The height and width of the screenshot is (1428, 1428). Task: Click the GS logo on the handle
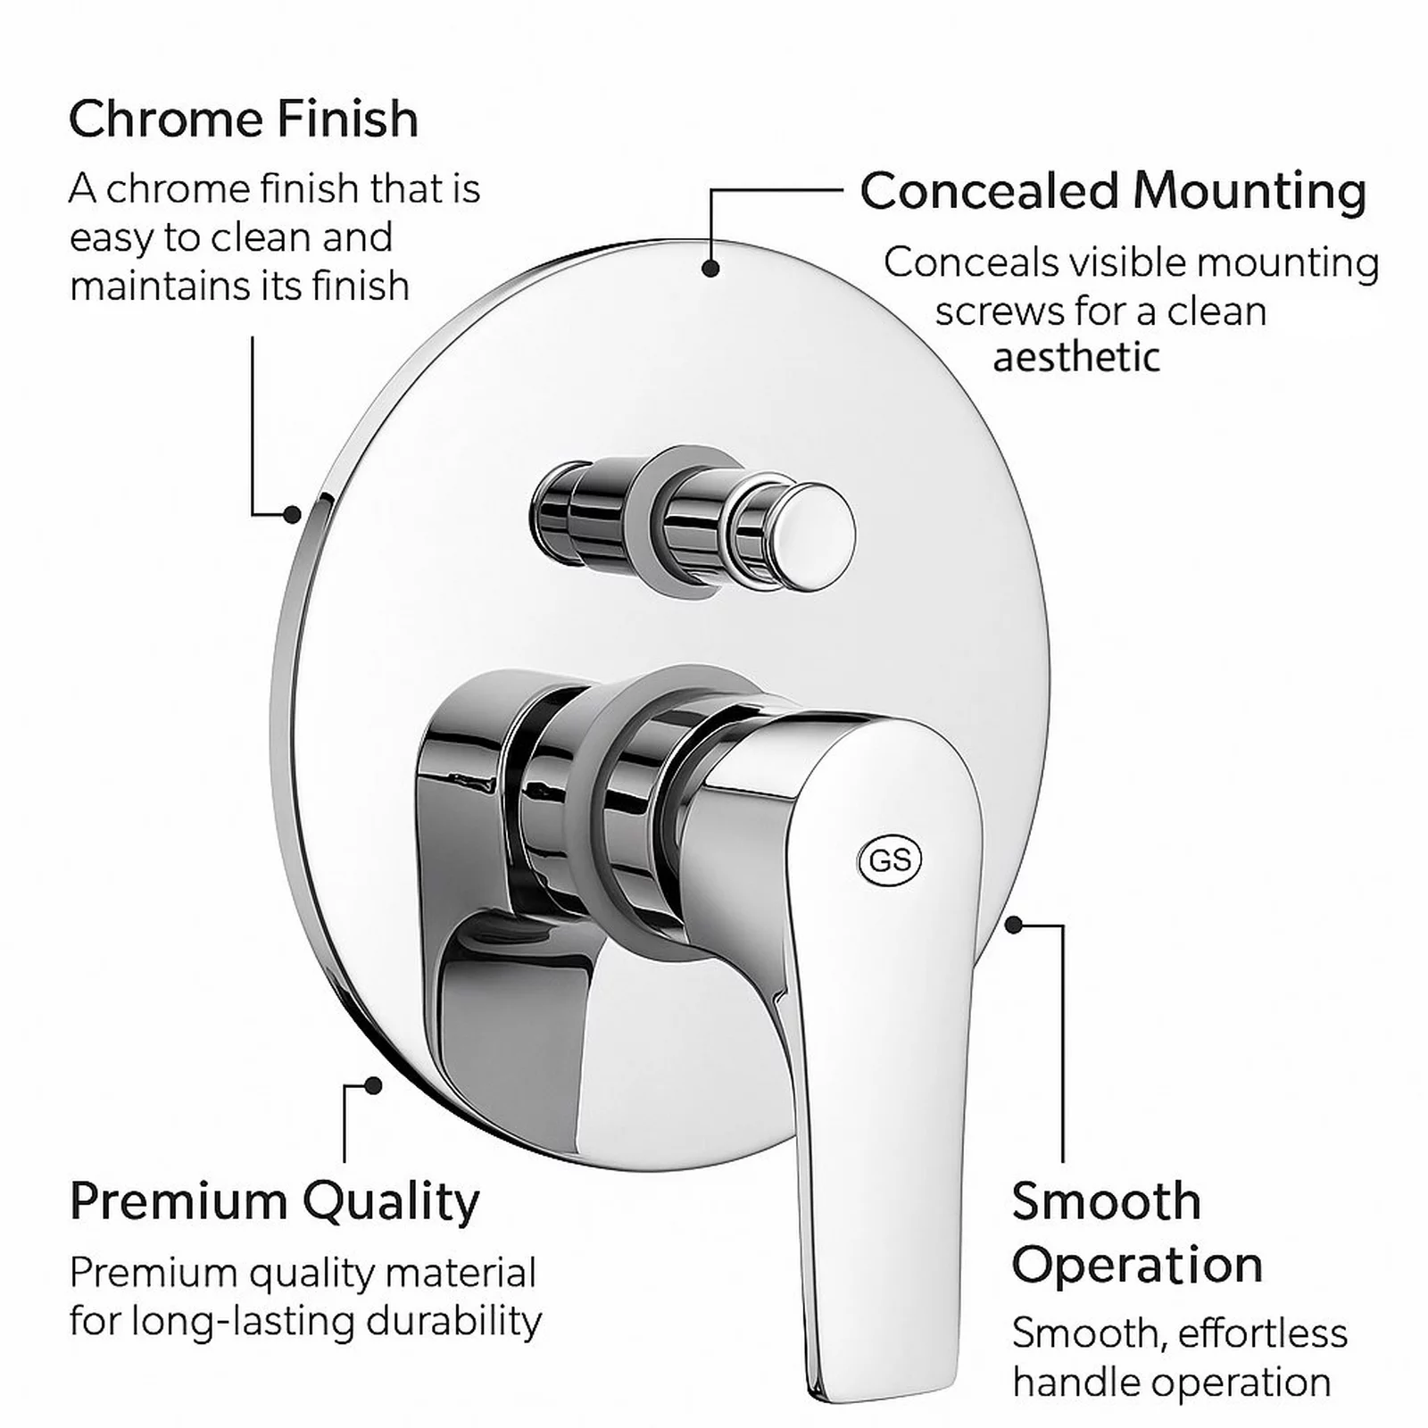click(889, 860)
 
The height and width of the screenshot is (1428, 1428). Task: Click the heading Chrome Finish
click(244, 119)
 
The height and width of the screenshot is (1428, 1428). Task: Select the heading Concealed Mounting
click(1113, 191)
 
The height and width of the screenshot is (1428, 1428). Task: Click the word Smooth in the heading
click(1106, 1201)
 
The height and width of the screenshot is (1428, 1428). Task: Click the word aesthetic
click(1076, 358)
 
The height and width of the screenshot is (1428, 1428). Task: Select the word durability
click(445, 1321)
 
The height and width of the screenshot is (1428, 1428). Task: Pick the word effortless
click(1263, 1333)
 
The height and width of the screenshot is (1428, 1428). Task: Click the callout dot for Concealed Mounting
click(710, 268)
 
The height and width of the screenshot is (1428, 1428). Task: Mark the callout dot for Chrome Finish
click(292, 514)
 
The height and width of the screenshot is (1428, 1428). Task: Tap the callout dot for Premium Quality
click(374, 1085)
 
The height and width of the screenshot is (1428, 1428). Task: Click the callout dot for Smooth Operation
click(1013, 925)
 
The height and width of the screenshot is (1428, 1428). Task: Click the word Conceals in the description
click(970, 263)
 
